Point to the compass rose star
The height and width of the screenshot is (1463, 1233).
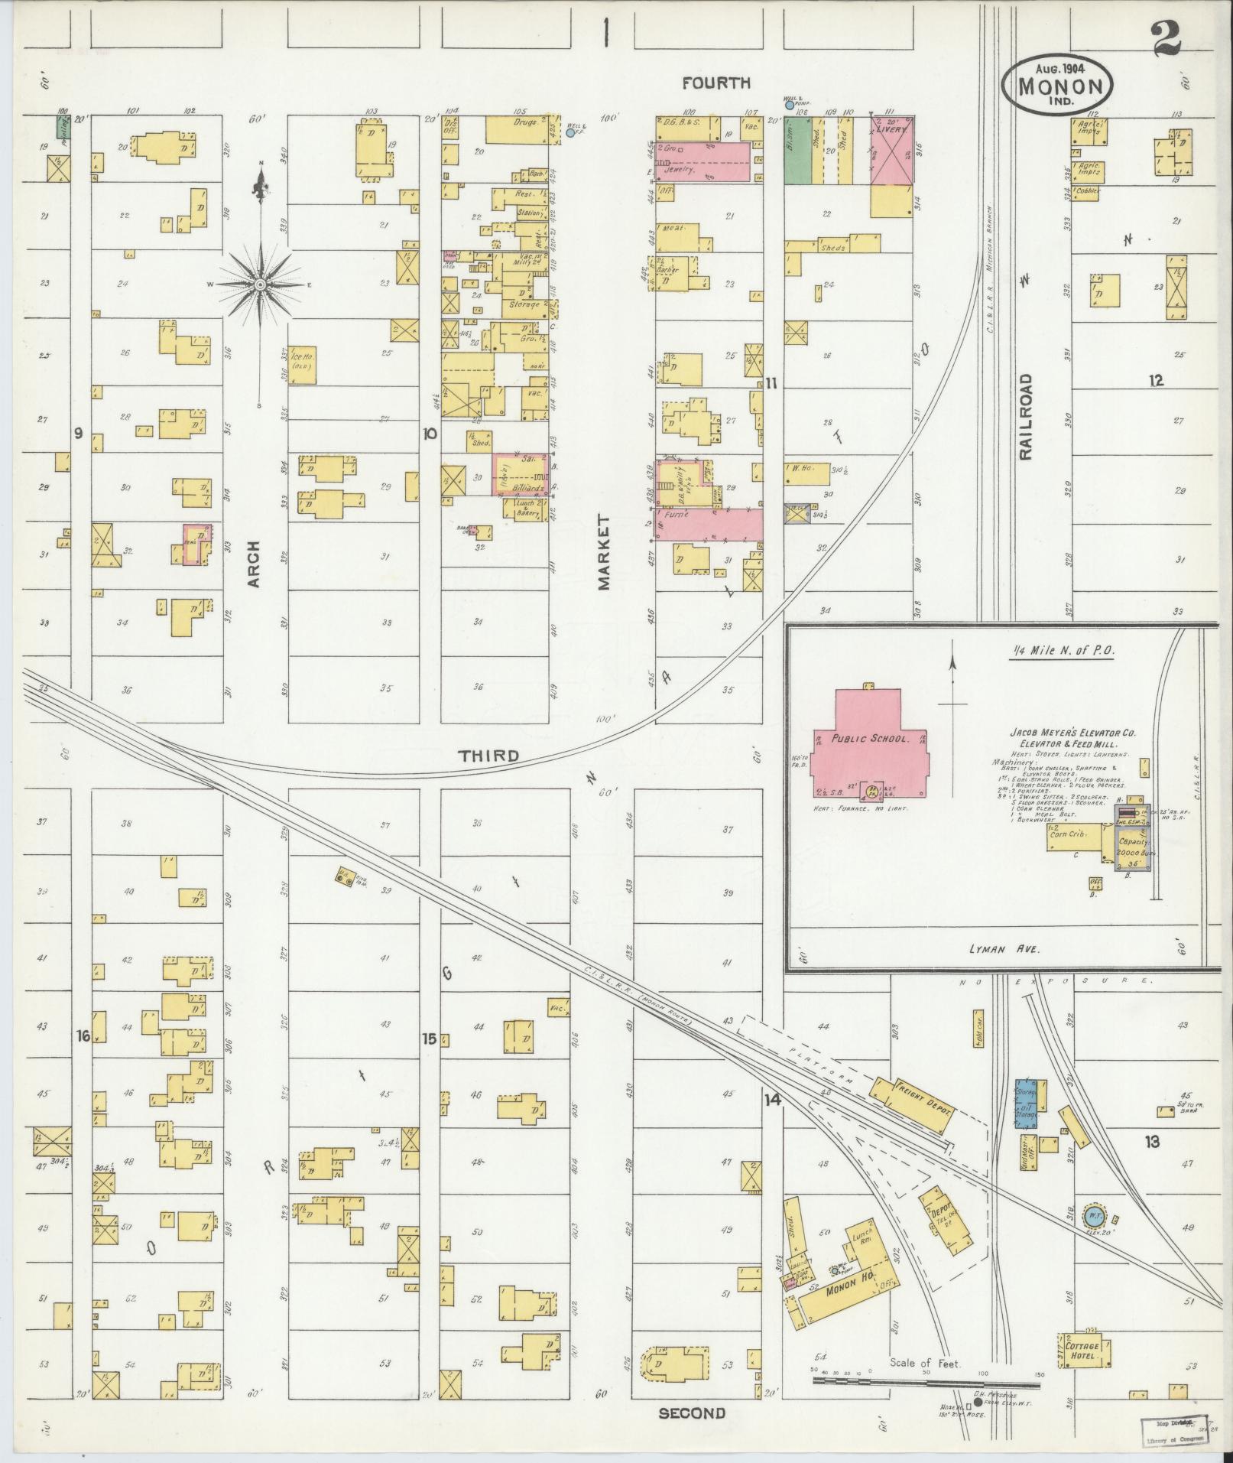tap(260, 284)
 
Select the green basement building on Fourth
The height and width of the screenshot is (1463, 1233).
tap(798, 150)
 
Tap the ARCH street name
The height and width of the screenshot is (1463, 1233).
tap(254, 564)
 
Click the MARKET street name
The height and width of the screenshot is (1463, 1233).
tap(604, 552)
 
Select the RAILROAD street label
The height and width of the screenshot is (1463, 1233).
tap(1024, 416)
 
